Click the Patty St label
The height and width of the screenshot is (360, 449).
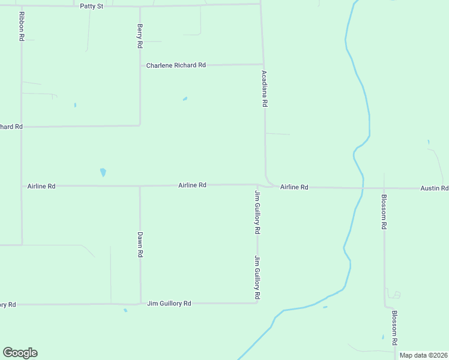click(x=92, y=5)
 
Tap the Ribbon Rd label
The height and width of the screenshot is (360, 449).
click(x=22, y=26)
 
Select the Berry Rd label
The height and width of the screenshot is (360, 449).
click(x=140, y=36)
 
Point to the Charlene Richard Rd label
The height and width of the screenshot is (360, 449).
click(x=176, y=65)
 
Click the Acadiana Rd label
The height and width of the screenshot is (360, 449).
click(x=264, y=89)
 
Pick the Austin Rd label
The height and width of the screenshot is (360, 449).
click(x=434, y=188)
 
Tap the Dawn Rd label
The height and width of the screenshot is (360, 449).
click(x=140, y=245)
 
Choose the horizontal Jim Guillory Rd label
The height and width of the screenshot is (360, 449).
click(x=169, y=304)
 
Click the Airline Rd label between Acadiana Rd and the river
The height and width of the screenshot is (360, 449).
click(x=294, y=187)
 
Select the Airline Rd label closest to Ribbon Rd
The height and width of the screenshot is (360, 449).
click(x=41, y=187)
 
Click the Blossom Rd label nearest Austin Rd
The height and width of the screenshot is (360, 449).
click(x=384, y=212)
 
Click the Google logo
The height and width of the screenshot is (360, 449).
click(x=20, y=353)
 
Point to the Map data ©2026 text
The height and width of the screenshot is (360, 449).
click(x=424, y=355)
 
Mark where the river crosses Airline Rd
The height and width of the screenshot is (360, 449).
click(x=363, y=188)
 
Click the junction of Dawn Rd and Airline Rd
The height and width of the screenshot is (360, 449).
click(x=140, y=186)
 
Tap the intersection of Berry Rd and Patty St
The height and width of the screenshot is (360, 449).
click(x=140, y=6)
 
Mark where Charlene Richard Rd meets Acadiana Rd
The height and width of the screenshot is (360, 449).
click(x=264, y=64)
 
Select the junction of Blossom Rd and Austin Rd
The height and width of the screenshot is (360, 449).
click(x=384, y=188)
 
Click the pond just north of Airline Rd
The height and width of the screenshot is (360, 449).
click(x=103, y=172)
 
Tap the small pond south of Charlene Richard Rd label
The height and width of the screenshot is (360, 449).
click(x=185, y=98)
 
